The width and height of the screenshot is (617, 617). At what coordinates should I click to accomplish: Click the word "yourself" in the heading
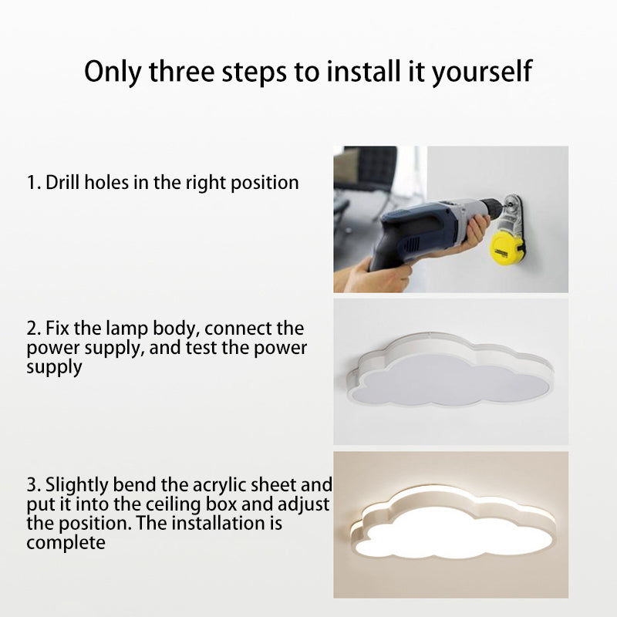[x=482, y=72]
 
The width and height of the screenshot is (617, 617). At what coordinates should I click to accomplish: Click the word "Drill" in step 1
[x=62, y=183]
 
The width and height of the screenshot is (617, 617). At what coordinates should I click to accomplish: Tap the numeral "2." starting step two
[x=33, y=329]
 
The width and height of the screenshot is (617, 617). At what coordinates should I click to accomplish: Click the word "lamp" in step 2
[x=126, y=330]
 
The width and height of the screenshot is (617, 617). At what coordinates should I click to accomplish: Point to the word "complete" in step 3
[x=66, y=544]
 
